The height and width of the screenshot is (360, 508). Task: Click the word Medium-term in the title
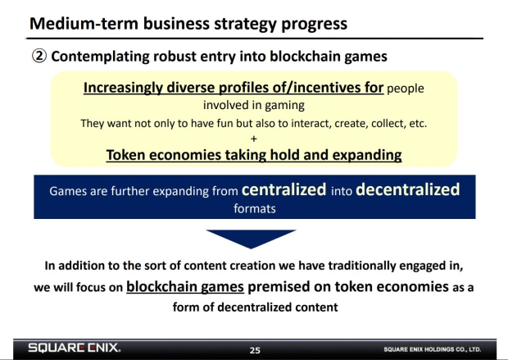pyautogui.click(x=84, y=23)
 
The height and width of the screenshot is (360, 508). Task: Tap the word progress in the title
pyautogui.click(x=314, y=25)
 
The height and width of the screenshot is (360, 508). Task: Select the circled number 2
pyautogui.click(x=39, y=56)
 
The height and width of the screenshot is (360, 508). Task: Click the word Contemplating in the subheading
pyautogui.click(x=100, y=57)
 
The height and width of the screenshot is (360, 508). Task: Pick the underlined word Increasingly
pyautogui.click(x=123, y=89)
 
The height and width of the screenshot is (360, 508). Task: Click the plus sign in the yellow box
pyautogui.click(x=254, y=139)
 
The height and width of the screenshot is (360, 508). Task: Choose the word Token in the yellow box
pyautogui.click(x=125, y=155)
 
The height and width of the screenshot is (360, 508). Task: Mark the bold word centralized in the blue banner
pyautogui.click(x=283, y=189)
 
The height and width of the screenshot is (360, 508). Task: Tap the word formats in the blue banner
pyautogui.click(x=255, y=208)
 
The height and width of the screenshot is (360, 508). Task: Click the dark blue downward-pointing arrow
pyautogui.click(x=251, y=239)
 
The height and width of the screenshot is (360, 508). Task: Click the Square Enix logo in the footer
pyautogui.click(x=75, y=348)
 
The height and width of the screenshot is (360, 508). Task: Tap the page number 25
pyautogui.click(x=255, y=350)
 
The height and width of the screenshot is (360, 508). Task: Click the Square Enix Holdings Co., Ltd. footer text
pyautogui.click(x=432, y=349)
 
